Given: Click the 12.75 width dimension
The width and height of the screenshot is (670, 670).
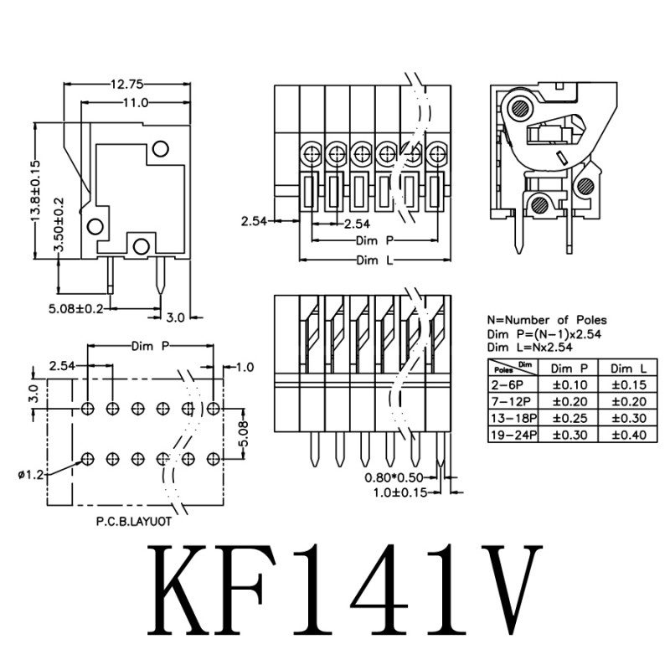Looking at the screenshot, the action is coord(127,85).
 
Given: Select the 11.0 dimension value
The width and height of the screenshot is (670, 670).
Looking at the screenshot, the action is coord(136,102).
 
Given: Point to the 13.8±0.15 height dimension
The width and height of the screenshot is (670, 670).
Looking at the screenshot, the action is coord(35,191).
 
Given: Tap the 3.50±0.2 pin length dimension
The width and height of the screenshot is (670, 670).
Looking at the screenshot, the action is coord(59,224).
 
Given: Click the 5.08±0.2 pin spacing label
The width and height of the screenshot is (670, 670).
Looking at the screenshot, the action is coord(76,308).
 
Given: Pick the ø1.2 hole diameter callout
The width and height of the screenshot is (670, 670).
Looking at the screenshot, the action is coord(31,475).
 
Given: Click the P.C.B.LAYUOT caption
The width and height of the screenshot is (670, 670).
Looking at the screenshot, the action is coord(134,522).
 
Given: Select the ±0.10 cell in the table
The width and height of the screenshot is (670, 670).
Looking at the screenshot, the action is coord(570,385).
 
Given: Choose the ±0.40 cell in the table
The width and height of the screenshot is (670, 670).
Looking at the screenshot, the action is coord(629,435).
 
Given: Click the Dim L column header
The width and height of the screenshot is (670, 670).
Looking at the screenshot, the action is coord(629,368).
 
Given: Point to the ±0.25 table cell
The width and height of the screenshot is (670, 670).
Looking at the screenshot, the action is coord(570,418).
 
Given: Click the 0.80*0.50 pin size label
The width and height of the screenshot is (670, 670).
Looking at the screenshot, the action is coord(394,477).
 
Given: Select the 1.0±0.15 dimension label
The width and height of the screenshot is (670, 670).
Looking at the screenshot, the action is coord(400,492).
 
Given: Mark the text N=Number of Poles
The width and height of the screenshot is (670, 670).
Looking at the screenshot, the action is coord(547,320).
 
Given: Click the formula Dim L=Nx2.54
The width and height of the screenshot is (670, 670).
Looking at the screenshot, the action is coord(530,347).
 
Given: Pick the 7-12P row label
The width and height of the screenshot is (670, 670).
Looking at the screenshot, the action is coord(511,402).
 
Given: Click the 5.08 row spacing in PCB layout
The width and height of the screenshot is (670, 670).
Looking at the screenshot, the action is coord(244,434).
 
